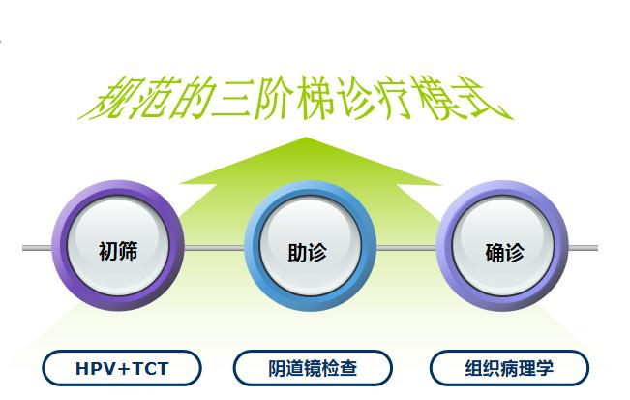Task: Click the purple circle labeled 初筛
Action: (118, 251)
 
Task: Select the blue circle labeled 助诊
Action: (309, 252)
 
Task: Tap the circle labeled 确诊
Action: (503, 252)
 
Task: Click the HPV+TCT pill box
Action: (122, 368)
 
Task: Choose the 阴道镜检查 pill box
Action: (313, 368)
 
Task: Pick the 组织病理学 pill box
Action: (509, 368)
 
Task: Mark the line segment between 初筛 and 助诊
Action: (212, 249)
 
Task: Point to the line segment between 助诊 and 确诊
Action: (406, 249)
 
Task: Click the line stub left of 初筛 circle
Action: (37, 249)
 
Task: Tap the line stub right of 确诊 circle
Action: (583, 249)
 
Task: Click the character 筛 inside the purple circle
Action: (129, 252)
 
